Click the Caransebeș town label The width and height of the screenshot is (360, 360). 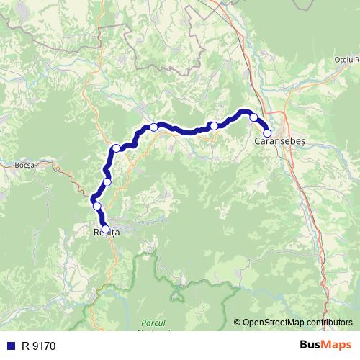coord(281,143)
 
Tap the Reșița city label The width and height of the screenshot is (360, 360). coord(107,233)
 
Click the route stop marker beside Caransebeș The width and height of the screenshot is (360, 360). coord(267,132)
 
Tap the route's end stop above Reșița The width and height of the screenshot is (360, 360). coord(106,229)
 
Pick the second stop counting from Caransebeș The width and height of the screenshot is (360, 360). coord(253,117)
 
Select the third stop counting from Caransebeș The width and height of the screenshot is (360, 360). coord(214,126)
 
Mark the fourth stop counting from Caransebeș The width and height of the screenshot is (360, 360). coord(153,127)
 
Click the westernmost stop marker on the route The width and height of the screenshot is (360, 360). coord(96,206)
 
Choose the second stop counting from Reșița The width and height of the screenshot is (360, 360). coord(96,206)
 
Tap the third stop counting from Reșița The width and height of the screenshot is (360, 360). coord(107,181)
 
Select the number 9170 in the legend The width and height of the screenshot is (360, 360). coord(42,346)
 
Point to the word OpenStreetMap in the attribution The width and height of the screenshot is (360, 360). coord(273,322)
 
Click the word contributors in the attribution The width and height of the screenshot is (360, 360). coord(329,322)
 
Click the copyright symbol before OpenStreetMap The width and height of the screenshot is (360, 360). coord(238,322)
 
